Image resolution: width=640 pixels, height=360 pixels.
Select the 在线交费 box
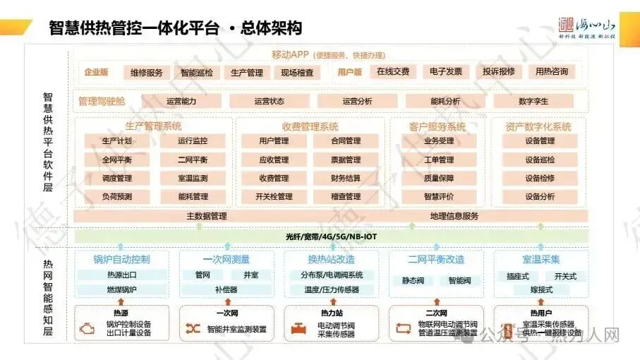393,71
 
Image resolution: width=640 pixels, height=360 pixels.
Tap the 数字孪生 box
533,101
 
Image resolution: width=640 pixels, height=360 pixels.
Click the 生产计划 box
117,141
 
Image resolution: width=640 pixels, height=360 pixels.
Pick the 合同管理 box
346,141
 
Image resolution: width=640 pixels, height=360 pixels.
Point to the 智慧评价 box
439,196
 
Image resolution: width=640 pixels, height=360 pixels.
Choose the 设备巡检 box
540,160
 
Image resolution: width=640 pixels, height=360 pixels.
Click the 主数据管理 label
207,216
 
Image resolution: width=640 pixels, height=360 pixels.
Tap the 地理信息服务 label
454,216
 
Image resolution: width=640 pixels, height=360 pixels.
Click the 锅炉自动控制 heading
122,259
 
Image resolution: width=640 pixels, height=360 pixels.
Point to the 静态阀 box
413,280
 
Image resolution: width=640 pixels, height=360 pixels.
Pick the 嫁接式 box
541,289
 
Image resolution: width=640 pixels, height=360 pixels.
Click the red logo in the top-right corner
567,24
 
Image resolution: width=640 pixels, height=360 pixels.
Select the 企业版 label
96,72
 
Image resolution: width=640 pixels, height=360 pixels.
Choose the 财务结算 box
346,178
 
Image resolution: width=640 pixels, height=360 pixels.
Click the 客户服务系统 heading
437,127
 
